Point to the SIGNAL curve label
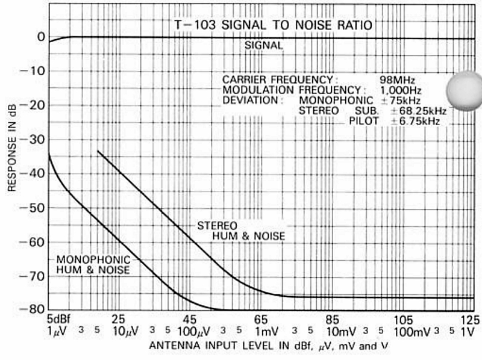pyautogui.click(x=263, y=45)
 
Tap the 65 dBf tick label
pyautogui.click(x=261, y=319)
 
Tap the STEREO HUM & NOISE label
pyautogui.click(x=242, y=230)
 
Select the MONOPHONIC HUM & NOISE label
pyautogui.click(x=93, y=265)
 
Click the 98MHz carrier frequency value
pyautogui.click(x=397, y=79)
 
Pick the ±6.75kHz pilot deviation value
pyautogui.click(x=416, y=121)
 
